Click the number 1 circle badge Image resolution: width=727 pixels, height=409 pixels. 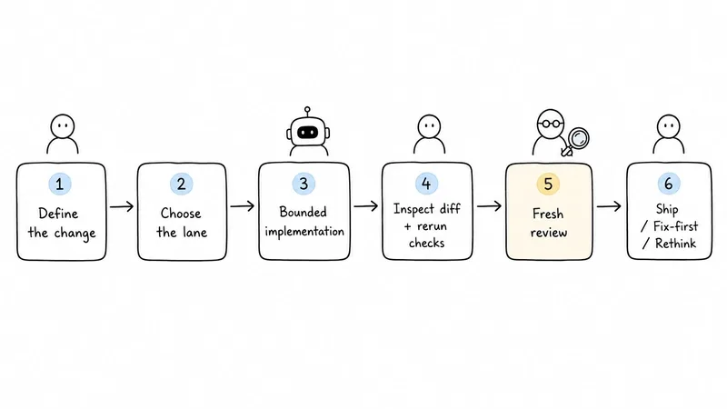point(60,184)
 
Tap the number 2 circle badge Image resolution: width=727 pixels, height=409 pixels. point(181,184)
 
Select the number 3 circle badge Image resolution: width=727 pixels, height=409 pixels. point(304,184)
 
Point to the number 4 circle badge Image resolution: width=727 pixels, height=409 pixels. point(426,184)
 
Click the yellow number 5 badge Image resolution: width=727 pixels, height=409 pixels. point(548,184)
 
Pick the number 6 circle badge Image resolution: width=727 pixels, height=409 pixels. point(669,184)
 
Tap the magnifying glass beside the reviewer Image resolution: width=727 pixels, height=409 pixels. point(575,142)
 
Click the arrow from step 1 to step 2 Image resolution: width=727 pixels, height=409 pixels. point(122,206)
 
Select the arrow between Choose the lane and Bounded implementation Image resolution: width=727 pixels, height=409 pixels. point(243,206)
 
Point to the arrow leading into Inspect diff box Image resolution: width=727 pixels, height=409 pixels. point(366,206)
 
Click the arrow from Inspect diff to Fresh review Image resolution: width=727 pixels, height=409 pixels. point(489,206)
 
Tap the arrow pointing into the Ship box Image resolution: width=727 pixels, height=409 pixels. point(609,206)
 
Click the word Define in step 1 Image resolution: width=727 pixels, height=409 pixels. point(58,214)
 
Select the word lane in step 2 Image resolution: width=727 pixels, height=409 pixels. point(194,232)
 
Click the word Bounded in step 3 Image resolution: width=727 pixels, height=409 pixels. point(304,212)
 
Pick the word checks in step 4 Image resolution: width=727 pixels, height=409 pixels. point(426,243)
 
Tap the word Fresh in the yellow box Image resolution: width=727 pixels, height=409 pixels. point(548,214)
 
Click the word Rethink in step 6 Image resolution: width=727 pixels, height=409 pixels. point(675,243)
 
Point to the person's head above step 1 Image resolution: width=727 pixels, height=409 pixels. point(63,126)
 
